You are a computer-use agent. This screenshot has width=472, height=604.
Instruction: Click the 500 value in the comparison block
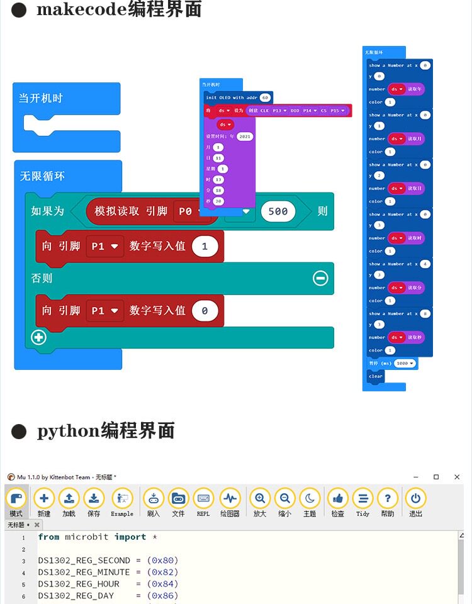tap(278, 211)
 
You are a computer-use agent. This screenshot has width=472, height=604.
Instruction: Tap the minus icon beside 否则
tap(320, 277)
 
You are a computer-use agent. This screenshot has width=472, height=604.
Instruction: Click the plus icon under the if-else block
tap(39, 337)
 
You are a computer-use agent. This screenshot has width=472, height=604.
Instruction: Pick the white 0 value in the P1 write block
tap(205, 311)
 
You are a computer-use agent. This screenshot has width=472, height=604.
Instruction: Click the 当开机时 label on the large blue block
tap(40, 98)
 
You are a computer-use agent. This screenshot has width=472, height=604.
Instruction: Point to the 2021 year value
tap(245, 137)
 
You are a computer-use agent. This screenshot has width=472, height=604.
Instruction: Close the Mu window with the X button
tap(457, 477)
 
